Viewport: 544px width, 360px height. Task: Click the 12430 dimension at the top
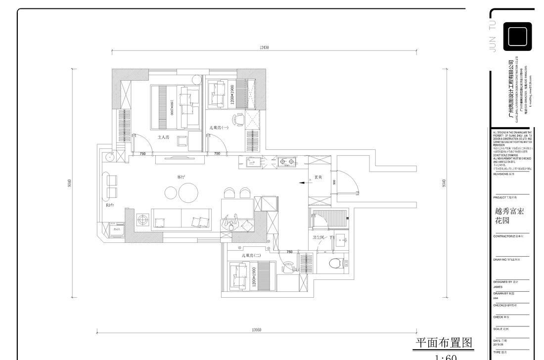pyautogui.click(x=264, y=47)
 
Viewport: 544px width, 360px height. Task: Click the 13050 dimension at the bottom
pyautogui.click(x=257, y=330)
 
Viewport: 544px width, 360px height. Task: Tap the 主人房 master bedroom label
pyautogui.click(x=163, y=137)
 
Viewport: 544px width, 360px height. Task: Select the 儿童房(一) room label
pyautogui.click(x=218, y=128)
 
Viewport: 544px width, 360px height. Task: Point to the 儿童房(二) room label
pyautogui.click(x=252, y=255)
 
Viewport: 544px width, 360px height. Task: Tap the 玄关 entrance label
pyautogui.click(x=318, y=177)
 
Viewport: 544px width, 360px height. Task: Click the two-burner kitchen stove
pyautogui.click(x=286, y=161)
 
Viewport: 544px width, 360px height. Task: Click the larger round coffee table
pyautogui.click(x=188, y=193)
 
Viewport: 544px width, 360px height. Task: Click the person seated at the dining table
pyautogui.click(x=231, y=224)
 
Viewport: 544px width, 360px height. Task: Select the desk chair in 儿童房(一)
pyautogui.click(x=239, y=119)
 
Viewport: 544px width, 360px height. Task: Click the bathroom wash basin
pyautogui.click(x=342, y=243)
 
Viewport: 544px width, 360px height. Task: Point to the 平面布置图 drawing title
pyautogui.click(x=444, y=343)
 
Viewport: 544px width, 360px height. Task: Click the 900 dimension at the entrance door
pyautogui.click(x=335, y=182)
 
